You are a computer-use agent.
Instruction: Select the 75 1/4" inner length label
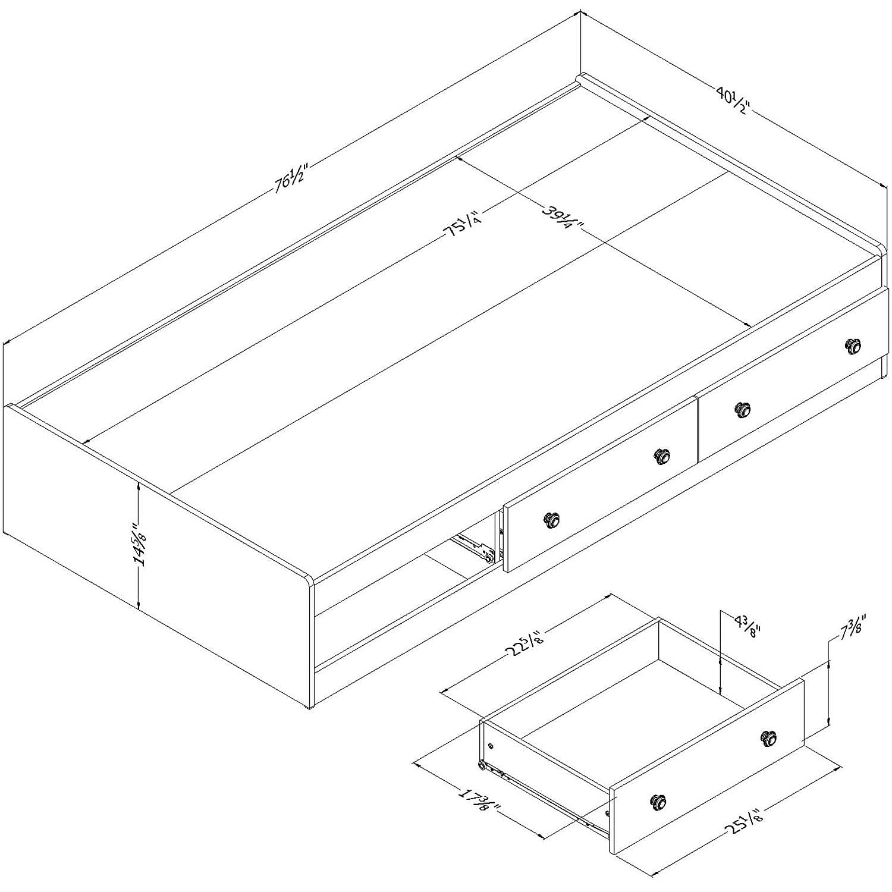pos(464,227)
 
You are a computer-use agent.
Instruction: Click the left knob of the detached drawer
pos(658,802)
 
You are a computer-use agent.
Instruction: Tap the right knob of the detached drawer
pos(769,739)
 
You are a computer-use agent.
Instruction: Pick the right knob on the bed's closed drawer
pos(853,346)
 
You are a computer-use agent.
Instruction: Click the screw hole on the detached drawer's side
pos(490,745)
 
